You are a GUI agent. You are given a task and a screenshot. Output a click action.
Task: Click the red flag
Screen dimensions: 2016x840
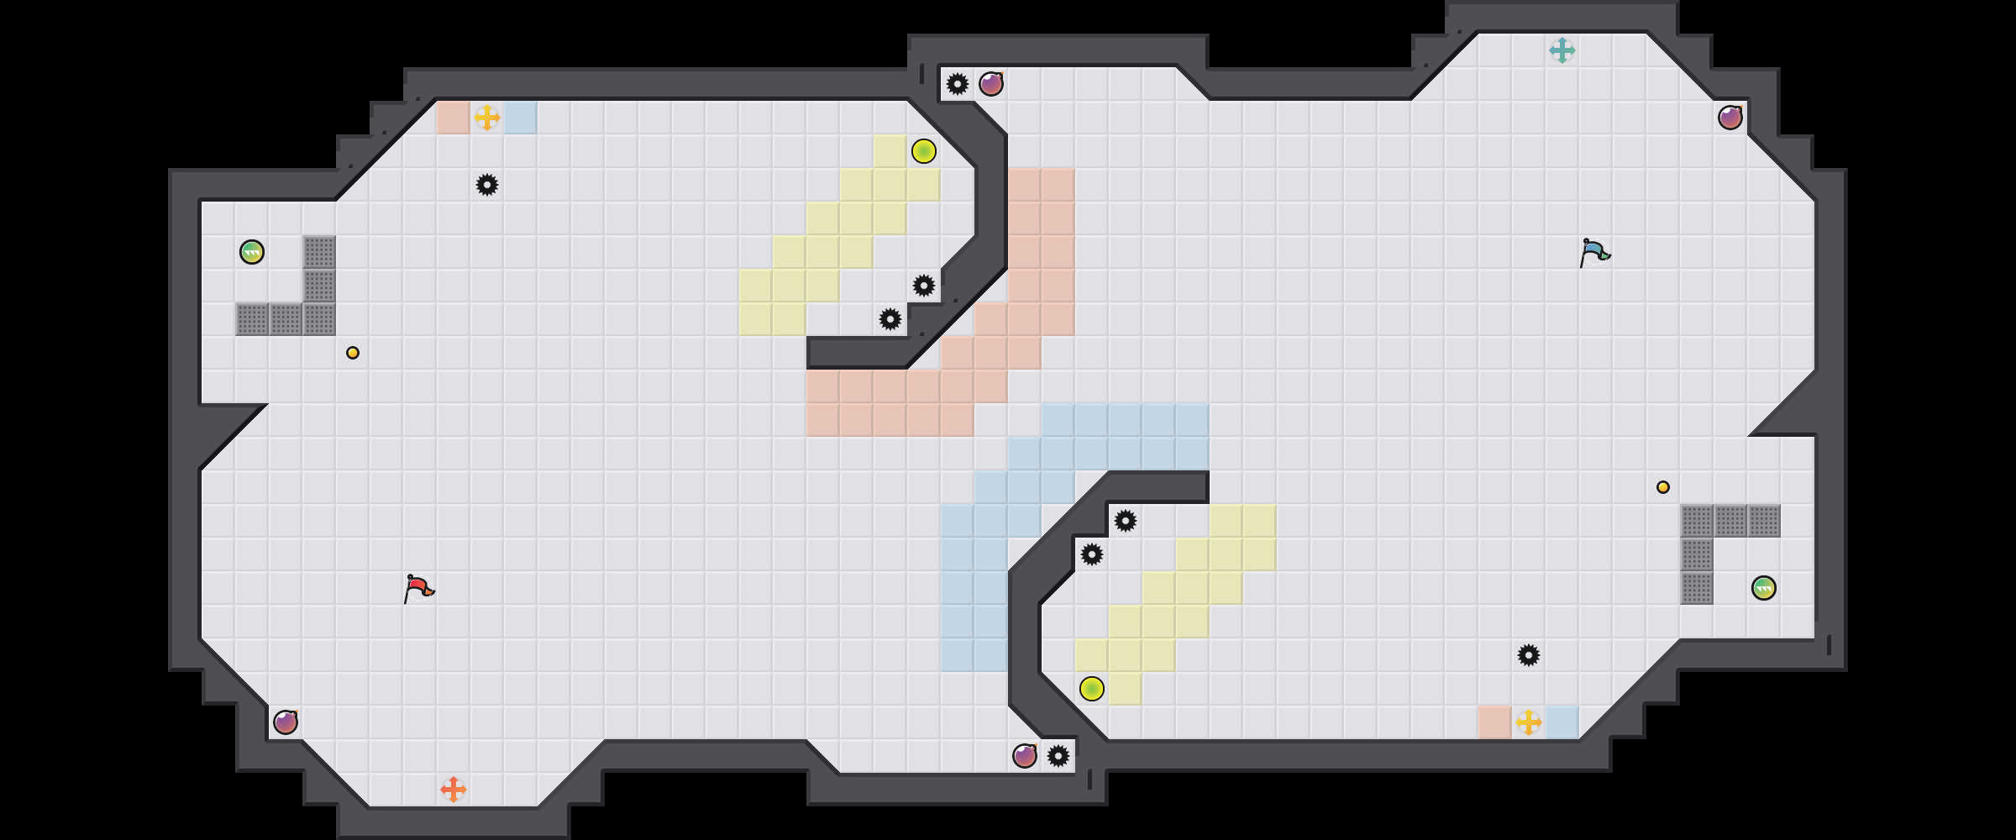pos(418,588)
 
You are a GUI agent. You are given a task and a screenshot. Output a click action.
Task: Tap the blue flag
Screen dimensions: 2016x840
pos(1594,252)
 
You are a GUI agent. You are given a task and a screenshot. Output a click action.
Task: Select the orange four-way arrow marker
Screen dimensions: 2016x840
pos(454,790)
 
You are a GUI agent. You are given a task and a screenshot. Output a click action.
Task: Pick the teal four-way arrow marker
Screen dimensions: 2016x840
pos(1562,50)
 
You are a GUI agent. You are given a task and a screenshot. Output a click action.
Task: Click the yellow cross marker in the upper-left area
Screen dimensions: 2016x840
pos(487,118)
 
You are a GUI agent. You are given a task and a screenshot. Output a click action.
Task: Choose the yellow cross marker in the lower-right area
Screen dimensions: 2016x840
pos(1529,722)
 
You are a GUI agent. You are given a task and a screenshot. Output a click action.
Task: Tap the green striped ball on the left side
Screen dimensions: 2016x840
pos(252,252)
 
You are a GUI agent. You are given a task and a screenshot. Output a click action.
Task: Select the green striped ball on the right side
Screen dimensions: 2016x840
pos(1764,588)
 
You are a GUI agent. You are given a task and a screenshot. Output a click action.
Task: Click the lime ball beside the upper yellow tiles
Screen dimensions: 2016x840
pos(924,151)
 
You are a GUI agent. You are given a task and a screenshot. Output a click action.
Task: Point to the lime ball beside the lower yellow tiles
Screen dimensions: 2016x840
pos(1092,689)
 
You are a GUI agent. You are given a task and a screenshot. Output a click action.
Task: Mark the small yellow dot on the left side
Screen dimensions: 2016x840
pos(353,353)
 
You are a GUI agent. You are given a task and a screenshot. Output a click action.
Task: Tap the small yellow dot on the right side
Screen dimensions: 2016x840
pos(1663,487)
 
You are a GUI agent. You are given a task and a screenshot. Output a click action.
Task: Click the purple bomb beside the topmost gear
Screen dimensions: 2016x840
pos(991,84)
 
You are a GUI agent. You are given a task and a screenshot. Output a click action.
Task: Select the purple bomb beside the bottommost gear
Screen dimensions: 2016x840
pos(1025,756)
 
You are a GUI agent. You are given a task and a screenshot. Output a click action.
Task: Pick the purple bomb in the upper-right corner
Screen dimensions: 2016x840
pos(1730,118)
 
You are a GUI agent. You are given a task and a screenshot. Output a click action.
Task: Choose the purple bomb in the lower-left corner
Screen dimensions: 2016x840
pos(286,722)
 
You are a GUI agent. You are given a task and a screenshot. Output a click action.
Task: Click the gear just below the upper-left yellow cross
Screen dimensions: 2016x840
pos(487,185)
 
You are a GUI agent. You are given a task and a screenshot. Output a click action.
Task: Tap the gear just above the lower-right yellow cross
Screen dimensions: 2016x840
pos(1529,655)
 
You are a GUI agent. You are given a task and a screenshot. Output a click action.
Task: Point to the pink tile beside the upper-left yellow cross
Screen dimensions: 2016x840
pos(454,118)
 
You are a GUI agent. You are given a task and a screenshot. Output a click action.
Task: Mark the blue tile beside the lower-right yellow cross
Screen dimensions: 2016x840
pos(1562,722)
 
